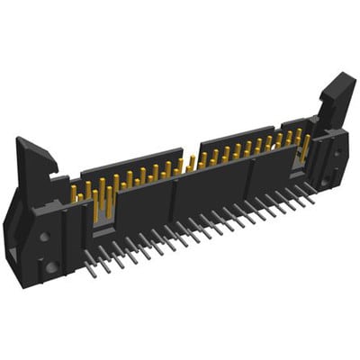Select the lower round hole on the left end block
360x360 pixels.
click(51, 266)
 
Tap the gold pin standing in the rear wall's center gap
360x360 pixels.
click(191, 162)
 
